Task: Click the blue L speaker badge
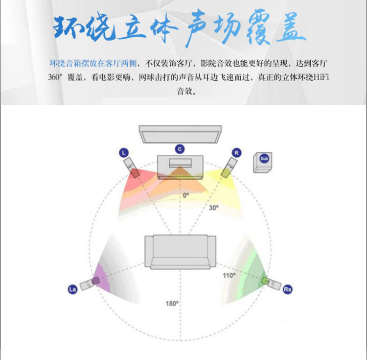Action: click(x=124, y=153)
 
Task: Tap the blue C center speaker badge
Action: click(x=180, y=149)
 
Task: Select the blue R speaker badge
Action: click(x=236, y=153)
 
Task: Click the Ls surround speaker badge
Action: click(x=72, y=289)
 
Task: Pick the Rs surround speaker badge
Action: click(x=288, y=289)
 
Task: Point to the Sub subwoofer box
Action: click(x=263, y=163)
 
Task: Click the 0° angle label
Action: click(x=186, y=195)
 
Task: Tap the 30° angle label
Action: click(x=214, y=208)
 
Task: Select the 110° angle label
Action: click(x=229, y=275)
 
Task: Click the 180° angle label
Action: click(x=172, y=304)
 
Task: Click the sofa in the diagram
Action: click(x=180, y=252)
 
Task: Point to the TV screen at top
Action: click(x=180, y=134)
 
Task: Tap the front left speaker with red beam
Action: click(x=132, y=168)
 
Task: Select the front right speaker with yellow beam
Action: click(x=229, y=168)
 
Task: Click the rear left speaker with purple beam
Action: click(x=90, y=284)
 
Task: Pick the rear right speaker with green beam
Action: click(x=271, y=284)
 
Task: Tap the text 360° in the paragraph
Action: click(x=55, y=77)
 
